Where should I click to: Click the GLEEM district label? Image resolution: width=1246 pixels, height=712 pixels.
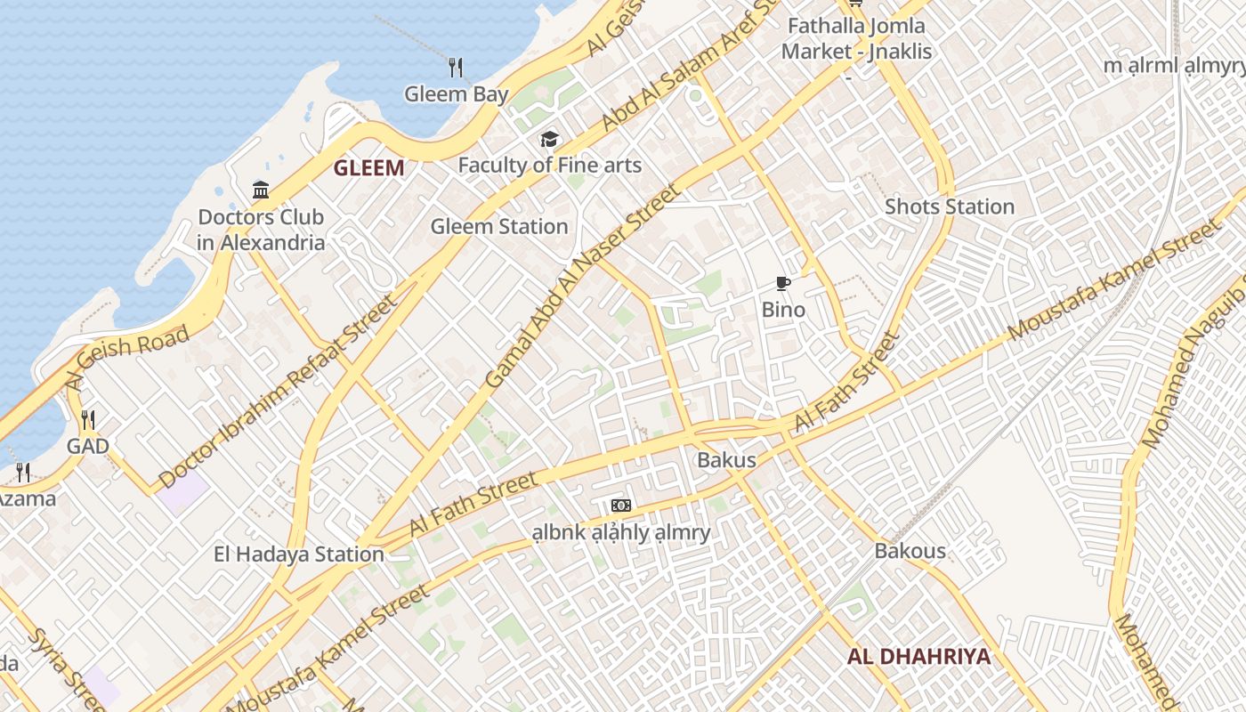coord(368,168)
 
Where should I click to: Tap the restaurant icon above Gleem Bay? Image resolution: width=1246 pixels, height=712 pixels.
coord(456,68)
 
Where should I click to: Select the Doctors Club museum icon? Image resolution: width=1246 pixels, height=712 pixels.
coord(261,190)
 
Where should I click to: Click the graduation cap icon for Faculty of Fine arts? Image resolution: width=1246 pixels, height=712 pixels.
coord(549,140)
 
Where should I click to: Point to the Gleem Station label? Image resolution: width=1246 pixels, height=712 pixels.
coord(498,227)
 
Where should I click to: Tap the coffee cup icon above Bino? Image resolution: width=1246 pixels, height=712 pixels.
coord(783,284)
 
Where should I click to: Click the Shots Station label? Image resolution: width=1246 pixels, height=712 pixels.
coord(949,207)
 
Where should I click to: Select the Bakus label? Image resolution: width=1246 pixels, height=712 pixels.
coord(726,460)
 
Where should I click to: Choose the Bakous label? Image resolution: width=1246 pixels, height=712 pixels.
coord(910,551)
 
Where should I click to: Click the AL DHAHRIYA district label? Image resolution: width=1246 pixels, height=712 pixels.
coord(918,658)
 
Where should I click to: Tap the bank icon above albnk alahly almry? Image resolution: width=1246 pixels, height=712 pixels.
coord(621,506)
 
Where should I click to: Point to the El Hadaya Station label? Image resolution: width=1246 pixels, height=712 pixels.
coord(298,554)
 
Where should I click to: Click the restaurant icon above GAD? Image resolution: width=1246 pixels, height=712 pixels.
coord(87,420)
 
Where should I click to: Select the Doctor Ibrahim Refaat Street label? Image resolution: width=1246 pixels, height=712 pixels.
coord(278,392)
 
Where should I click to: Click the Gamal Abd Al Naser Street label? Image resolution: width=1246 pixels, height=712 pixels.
coord(584,285)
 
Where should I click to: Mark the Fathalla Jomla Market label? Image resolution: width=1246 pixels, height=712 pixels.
coord(856,38)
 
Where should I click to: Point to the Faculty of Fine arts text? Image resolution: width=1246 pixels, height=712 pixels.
coord(549,166)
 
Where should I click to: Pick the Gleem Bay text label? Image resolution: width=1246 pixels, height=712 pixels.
coord(457,94)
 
